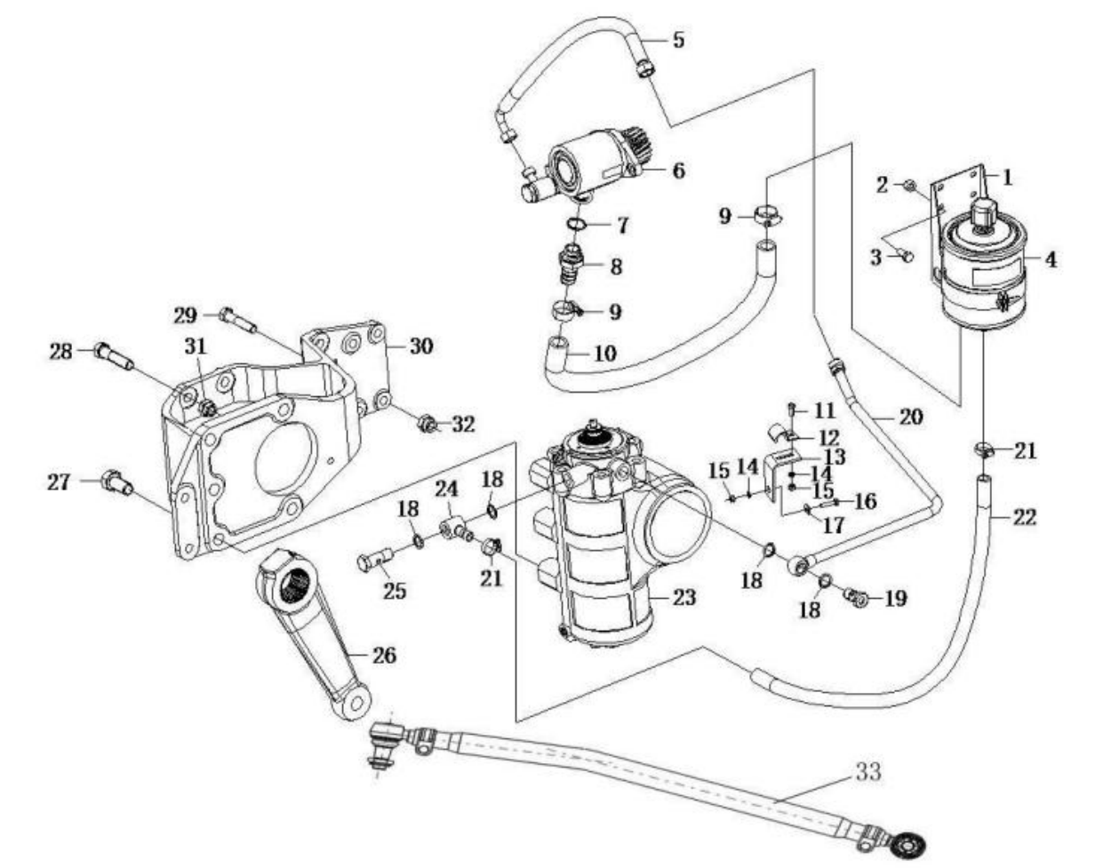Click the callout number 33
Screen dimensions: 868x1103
coord(868,772)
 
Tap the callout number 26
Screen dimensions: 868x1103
coord(384,656)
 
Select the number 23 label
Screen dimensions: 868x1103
coord(683,597)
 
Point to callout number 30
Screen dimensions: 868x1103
coord(420,345)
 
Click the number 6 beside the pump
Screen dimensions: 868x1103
coord(678,169)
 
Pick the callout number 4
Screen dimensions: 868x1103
coord(1050,260)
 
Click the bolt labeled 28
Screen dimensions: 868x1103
coord(113,357)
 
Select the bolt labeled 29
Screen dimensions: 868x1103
coord(236,320)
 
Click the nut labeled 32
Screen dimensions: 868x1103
coord(427,424)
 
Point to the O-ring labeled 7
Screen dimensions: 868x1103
coord(576,224)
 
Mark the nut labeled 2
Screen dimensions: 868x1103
coord(909,185)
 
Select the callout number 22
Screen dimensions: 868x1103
coord(1025,517)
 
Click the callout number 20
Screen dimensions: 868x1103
coord(911,415)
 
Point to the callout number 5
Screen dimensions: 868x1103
coord(678,40)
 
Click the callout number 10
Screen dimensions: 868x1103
coord(604,354)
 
